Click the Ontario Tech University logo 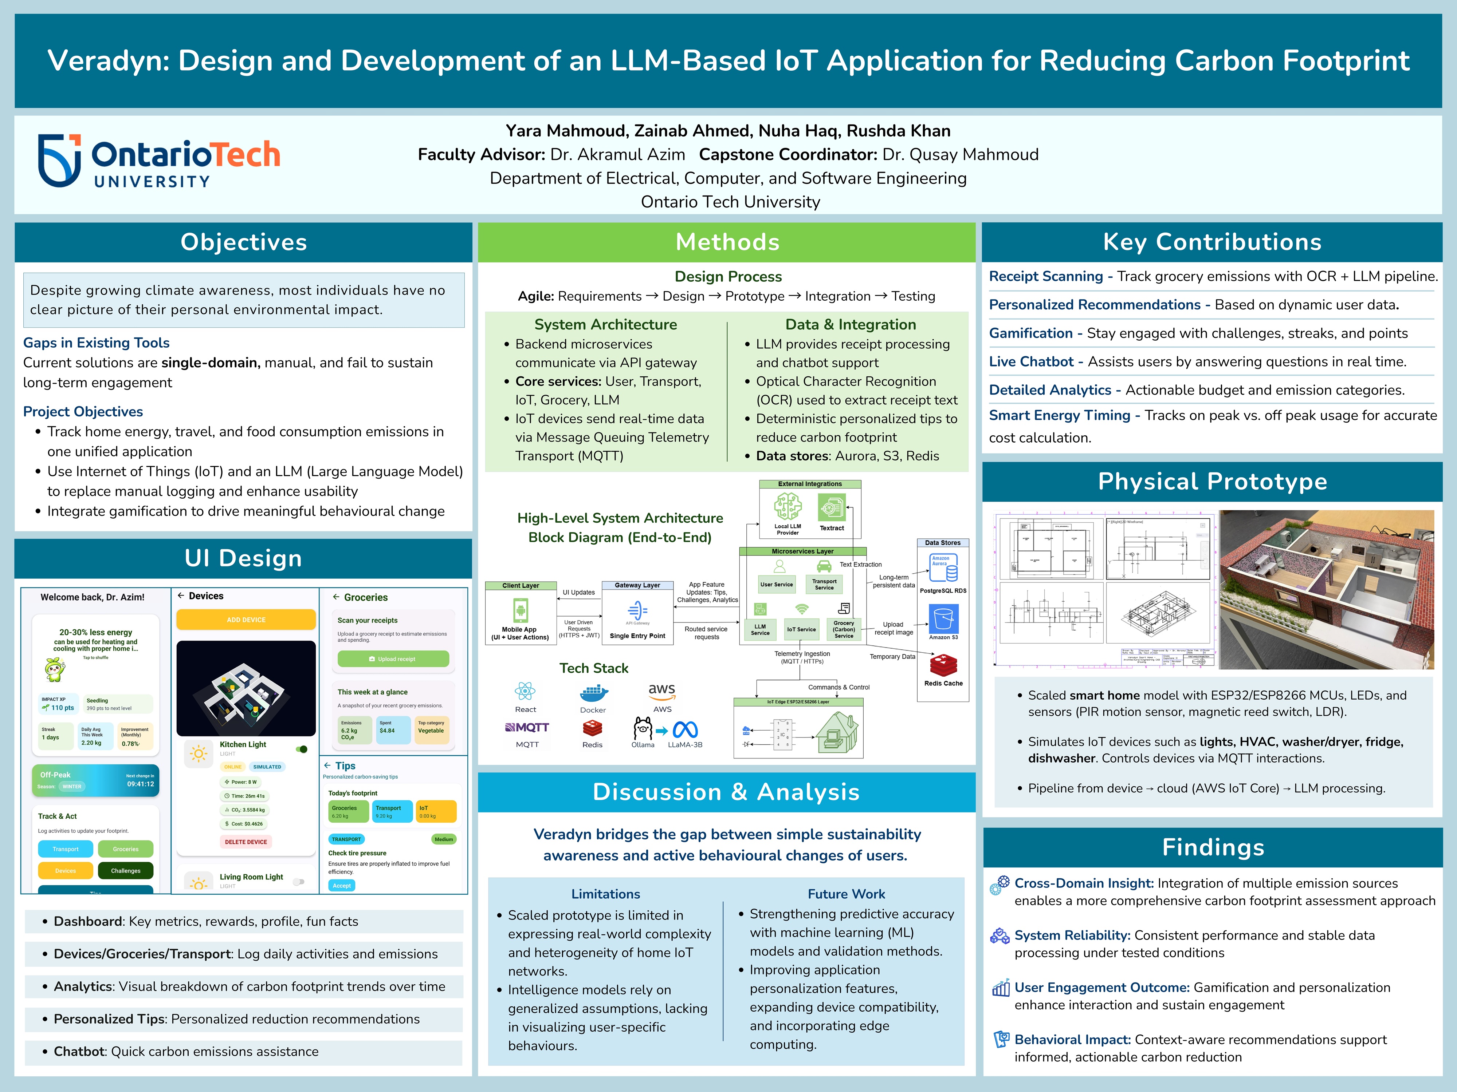tap(158, 161)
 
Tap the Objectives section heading tap(244, 242)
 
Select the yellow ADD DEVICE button tap(246, 620)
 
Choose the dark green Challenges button tap(125, 871)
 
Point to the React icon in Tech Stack tap(525, 691)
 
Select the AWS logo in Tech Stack tap(662, 691)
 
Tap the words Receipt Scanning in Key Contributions tap(1045, 276)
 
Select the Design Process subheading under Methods tap(728, 276)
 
